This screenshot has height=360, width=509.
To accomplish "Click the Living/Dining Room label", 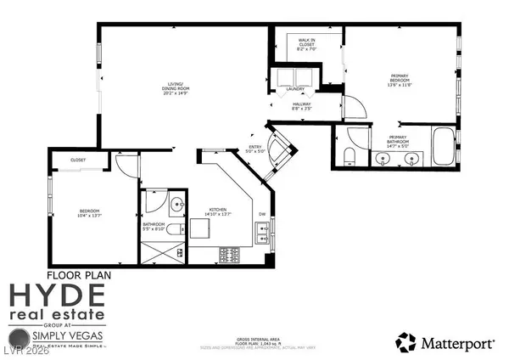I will (176, 87).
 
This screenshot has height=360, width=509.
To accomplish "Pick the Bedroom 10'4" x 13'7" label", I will (90, 214).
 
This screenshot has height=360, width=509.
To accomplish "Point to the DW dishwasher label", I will (262, 214).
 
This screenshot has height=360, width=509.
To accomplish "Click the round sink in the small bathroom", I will (178, 204).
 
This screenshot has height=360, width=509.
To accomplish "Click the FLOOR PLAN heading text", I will (79, 274).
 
